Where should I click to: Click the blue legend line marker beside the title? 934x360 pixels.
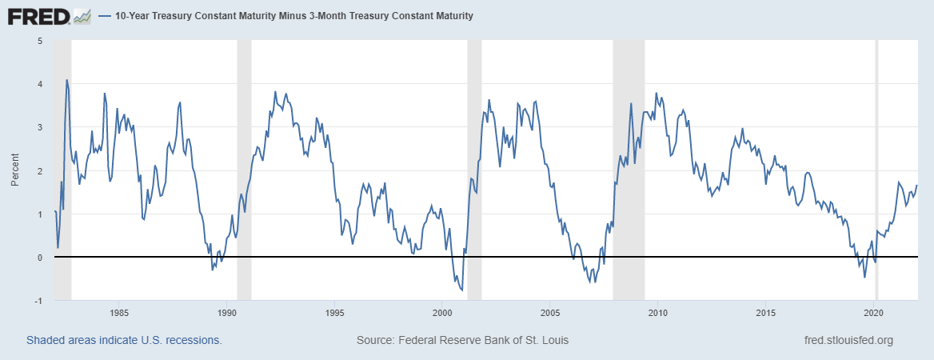coord(106,16)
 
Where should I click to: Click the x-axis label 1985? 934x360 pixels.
coord(119,312)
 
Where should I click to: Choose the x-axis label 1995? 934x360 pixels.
coord(335,312)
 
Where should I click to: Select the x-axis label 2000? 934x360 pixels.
coord(442,312)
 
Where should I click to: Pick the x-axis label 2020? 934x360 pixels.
coord(874,312)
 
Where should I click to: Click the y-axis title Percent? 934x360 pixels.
coord(15,170)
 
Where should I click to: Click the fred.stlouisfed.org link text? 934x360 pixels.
coord(848,341)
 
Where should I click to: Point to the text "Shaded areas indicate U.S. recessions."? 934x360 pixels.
coord(124,341)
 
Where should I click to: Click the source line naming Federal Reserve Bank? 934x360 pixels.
coord(462,341)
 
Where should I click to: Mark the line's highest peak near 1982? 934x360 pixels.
coord(66,80)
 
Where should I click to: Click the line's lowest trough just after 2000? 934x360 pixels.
coord(461,290)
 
